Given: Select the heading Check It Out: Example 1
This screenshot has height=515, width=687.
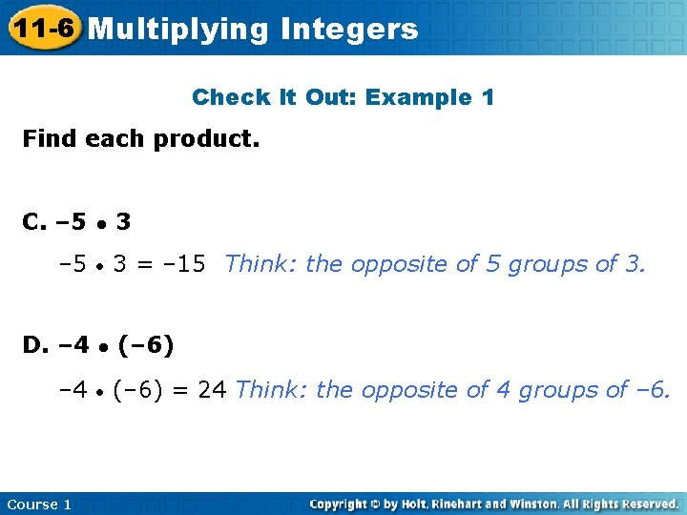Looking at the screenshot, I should [x=343, y=97].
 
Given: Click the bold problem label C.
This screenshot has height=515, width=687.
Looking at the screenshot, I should [x=33, y=222].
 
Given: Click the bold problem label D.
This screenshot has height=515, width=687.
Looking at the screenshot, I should [x=34, y=344].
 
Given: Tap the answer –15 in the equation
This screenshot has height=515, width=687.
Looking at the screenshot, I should [x=185, y=263].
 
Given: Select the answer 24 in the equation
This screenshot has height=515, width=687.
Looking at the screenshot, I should [x=213, y=389].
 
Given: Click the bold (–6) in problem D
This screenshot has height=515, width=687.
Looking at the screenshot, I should [x=146, y=344].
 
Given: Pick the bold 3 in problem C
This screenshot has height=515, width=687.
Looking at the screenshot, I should [x=123, y=222].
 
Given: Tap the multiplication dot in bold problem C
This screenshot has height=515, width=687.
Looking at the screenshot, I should [x=100, y=224].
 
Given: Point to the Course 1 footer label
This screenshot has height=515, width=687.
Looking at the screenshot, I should [x=39, y=504].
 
